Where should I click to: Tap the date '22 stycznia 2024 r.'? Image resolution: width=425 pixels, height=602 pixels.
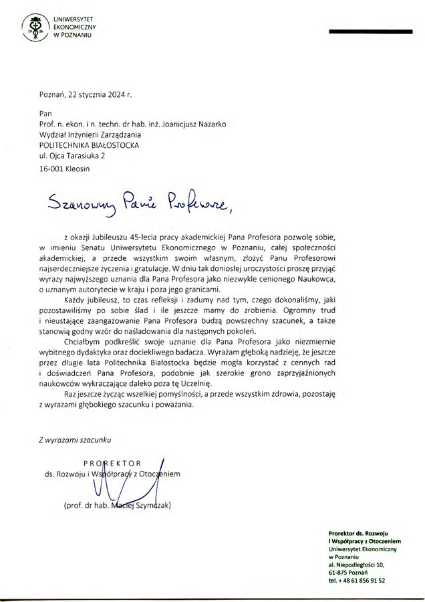[x=98, y=95]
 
